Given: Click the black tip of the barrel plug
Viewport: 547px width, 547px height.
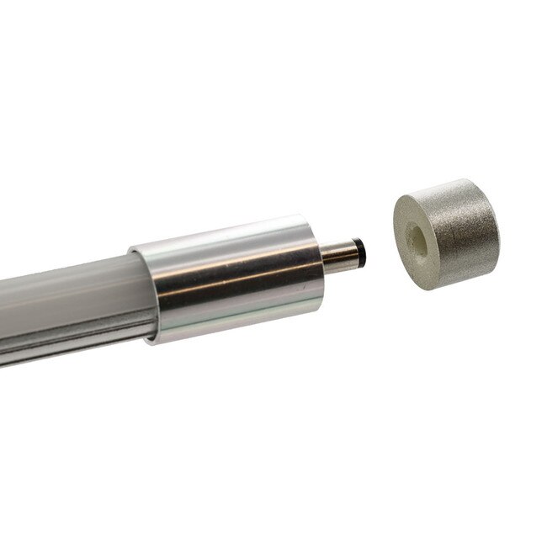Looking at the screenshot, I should point(361,249).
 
